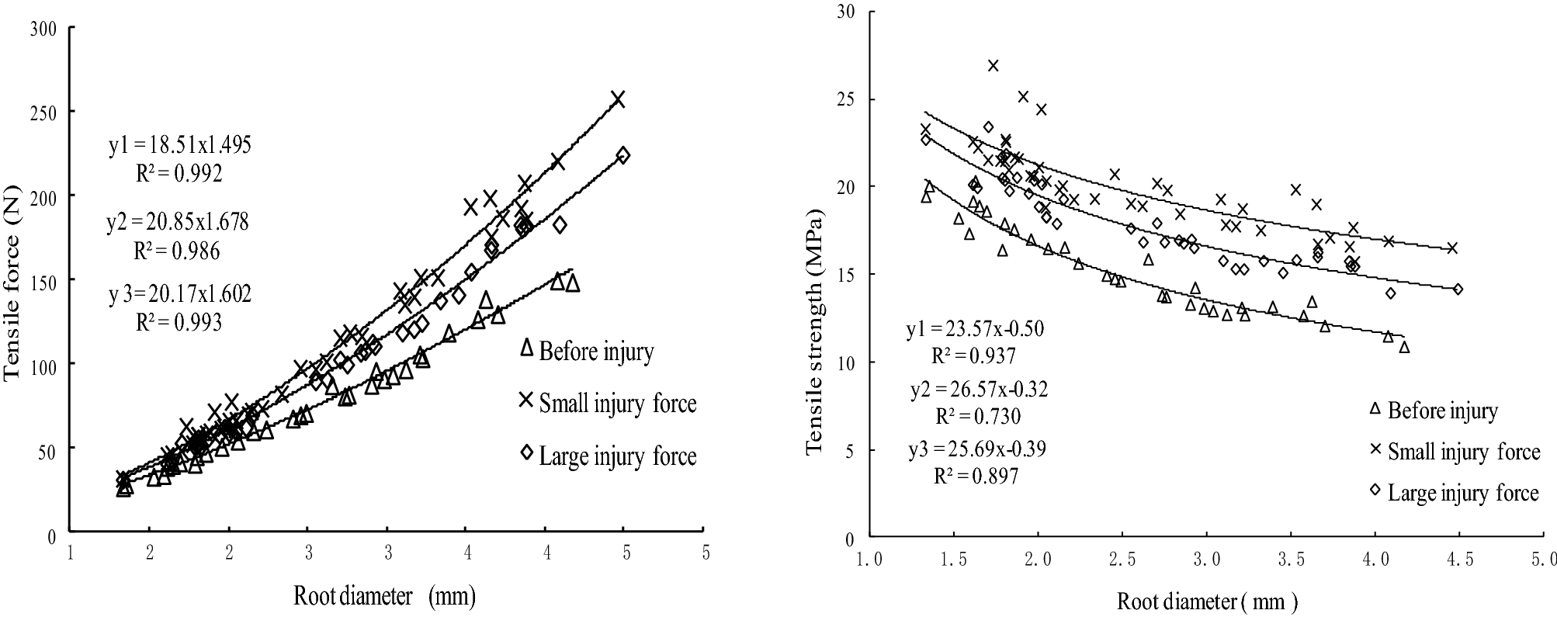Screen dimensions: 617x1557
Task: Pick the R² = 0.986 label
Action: (179, 251)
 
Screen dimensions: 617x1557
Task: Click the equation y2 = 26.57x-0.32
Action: (977, 389)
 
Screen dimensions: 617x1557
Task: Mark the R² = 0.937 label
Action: (973, 355)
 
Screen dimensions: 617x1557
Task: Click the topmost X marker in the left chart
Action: (618, 99)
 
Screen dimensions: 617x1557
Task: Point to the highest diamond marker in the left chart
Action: (622, 155)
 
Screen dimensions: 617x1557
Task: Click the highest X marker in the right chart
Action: (993, 65)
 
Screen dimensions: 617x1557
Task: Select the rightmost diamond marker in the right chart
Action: (1458, 289)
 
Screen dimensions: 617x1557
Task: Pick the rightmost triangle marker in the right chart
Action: (1404, 348)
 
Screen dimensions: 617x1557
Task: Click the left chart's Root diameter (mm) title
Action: (383, 596)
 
